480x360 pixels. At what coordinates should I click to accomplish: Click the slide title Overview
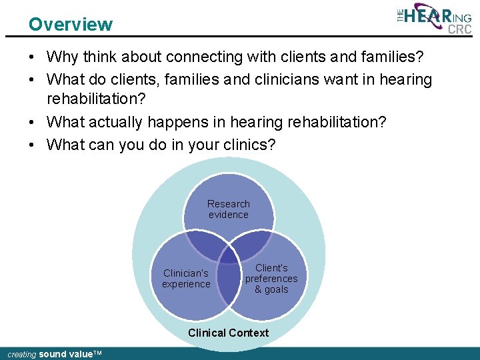[x=71, y=25]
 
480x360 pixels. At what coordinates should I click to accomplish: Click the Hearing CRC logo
[x=434, y=18]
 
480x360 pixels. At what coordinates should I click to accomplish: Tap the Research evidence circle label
[x=229, y=209]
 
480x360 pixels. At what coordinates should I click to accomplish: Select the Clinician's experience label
[x=186, y=279]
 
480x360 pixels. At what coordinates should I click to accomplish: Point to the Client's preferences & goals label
[x=271, y=279]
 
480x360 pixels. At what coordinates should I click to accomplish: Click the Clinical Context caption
[x=229, y=333]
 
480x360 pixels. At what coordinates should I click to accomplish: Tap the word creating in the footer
[x=21, y=355]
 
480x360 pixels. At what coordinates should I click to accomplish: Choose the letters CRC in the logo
[x=460, y=29]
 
